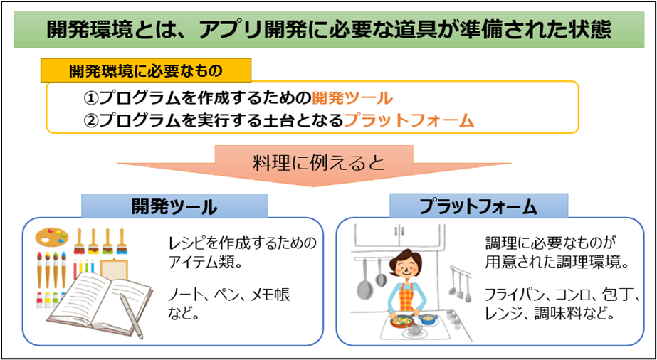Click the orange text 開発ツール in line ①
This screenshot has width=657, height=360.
tap(352, 99)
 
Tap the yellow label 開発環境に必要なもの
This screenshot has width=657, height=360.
tap(145, 70)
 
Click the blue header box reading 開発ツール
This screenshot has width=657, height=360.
tap(174, 206)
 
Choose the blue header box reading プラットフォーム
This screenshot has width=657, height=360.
tap(478, 206)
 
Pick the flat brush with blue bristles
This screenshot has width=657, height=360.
tap(122, 241)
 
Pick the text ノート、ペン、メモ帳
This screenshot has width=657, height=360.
tap(229, 295)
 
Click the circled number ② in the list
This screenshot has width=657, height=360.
tap(91, 121)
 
